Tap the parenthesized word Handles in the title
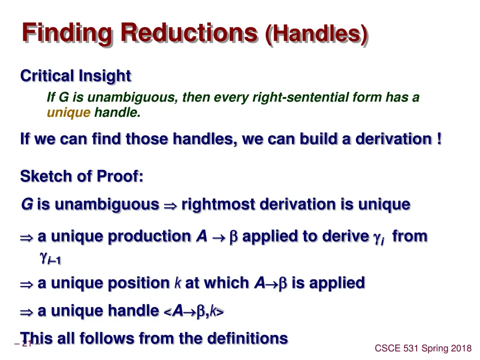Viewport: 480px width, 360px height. [x=316, y=34]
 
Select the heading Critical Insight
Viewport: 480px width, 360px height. [x=75, y=75]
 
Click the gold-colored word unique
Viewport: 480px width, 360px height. [x=68, y=112]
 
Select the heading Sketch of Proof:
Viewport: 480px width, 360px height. [x=82, y=176]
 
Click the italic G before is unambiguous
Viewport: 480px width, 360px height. [x=27, y=204]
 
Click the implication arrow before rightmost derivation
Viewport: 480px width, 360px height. [x=170, y=205]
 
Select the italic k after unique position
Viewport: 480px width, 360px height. [x=178, y=283]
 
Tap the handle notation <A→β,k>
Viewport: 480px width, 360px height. [x=194, y=311]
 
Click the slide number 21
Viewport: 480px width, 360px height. [x=27, y=344]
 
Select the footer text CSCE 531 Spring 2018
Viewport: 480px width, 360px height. [x=423, y=348]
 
